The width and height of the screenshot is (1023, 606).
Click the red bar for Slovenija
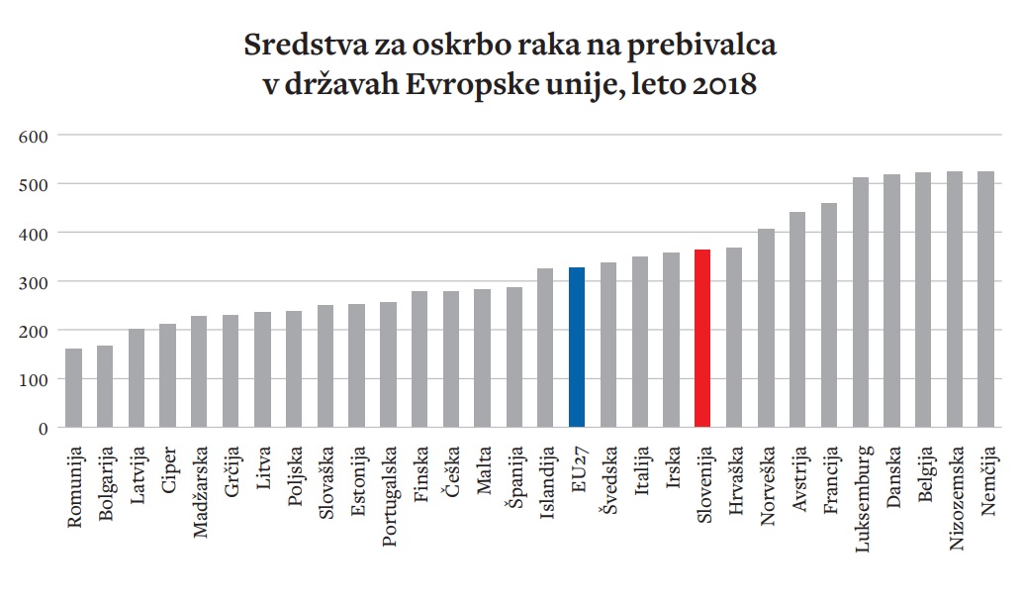702,339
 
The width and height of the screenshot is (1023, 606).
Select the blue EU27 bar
577,348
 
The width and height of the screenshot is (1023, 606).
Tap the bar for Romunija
73,388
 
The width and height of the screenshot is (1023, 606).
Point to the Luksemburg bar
860,303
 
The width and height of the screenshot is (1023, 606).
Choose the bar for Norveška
766,329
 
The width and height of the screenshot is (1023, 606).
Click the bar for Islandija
545,348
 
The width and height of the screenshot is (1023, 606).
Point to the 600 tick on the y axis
35,135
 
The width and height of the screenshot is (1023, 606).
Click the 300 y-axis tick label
35,281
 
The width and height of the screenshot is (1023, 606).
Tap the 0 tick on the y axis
43,428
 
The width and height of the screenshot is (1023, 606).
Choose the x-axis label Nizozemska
955,495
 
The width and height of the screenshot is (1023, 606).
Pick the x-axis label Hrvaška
735,479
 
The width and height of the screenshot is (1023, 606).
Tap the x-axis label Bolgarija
106,484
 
